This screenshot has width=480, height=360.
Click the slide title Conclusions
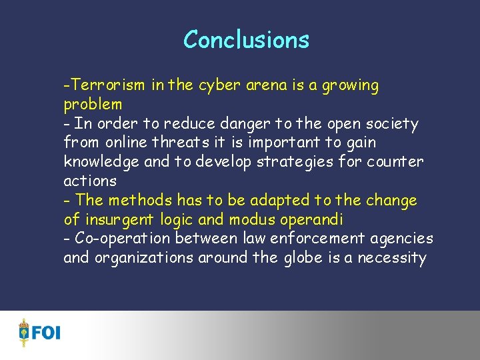(x=246, y=39)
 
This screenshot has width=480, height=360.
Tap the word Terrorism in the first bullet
(x=108, y=85)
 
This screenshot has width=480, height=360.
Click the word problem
(x=93, y=105)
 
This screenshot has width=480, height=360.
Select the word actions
(x=90, y=181)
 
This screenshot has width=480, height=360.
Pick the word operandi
(x=313, y=219)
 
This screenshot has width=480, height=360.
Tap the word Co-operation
(x=116, y=239)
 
